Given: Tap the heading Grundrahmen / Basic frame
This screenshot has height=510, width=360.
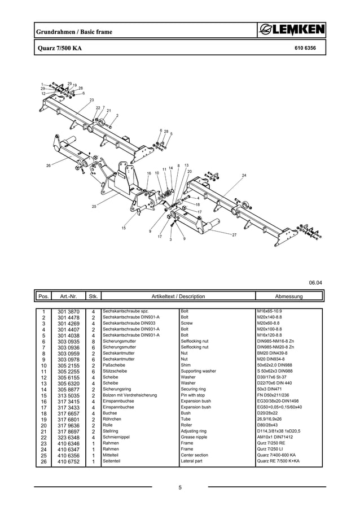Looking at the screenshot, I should (x=73, y=32).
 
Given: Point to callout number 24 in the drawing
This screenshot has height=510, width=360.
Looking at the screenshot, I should (x=244, y=176).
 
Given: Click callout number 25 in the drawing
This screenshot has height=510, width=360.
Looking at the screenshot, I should (x=94, y=207).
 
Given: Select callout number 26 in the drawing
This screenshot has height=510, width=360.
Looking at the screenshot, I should (x=49, y=165).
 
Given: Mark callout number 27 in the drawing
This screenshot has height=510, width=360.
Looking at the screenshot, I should (x=234, y=234).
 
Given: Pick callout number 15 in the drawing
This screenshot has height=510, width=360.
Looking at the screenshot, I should (x=124, y=228).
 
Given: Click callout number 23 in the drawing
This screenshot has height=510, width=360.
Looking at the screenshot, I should (x=91, y=100).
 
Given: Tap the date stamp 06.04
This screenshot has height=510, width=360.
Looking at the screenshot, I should (x=315, y=282).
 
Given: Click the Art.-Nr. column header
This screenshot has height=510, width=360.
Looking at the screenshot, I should (x=68, y=296).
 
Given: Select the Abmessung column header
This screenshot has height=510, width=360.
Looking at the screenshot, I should (x=288, y=296).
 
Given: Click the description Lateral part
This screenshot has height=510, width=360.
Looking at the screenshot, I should (x=192, y=461).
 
